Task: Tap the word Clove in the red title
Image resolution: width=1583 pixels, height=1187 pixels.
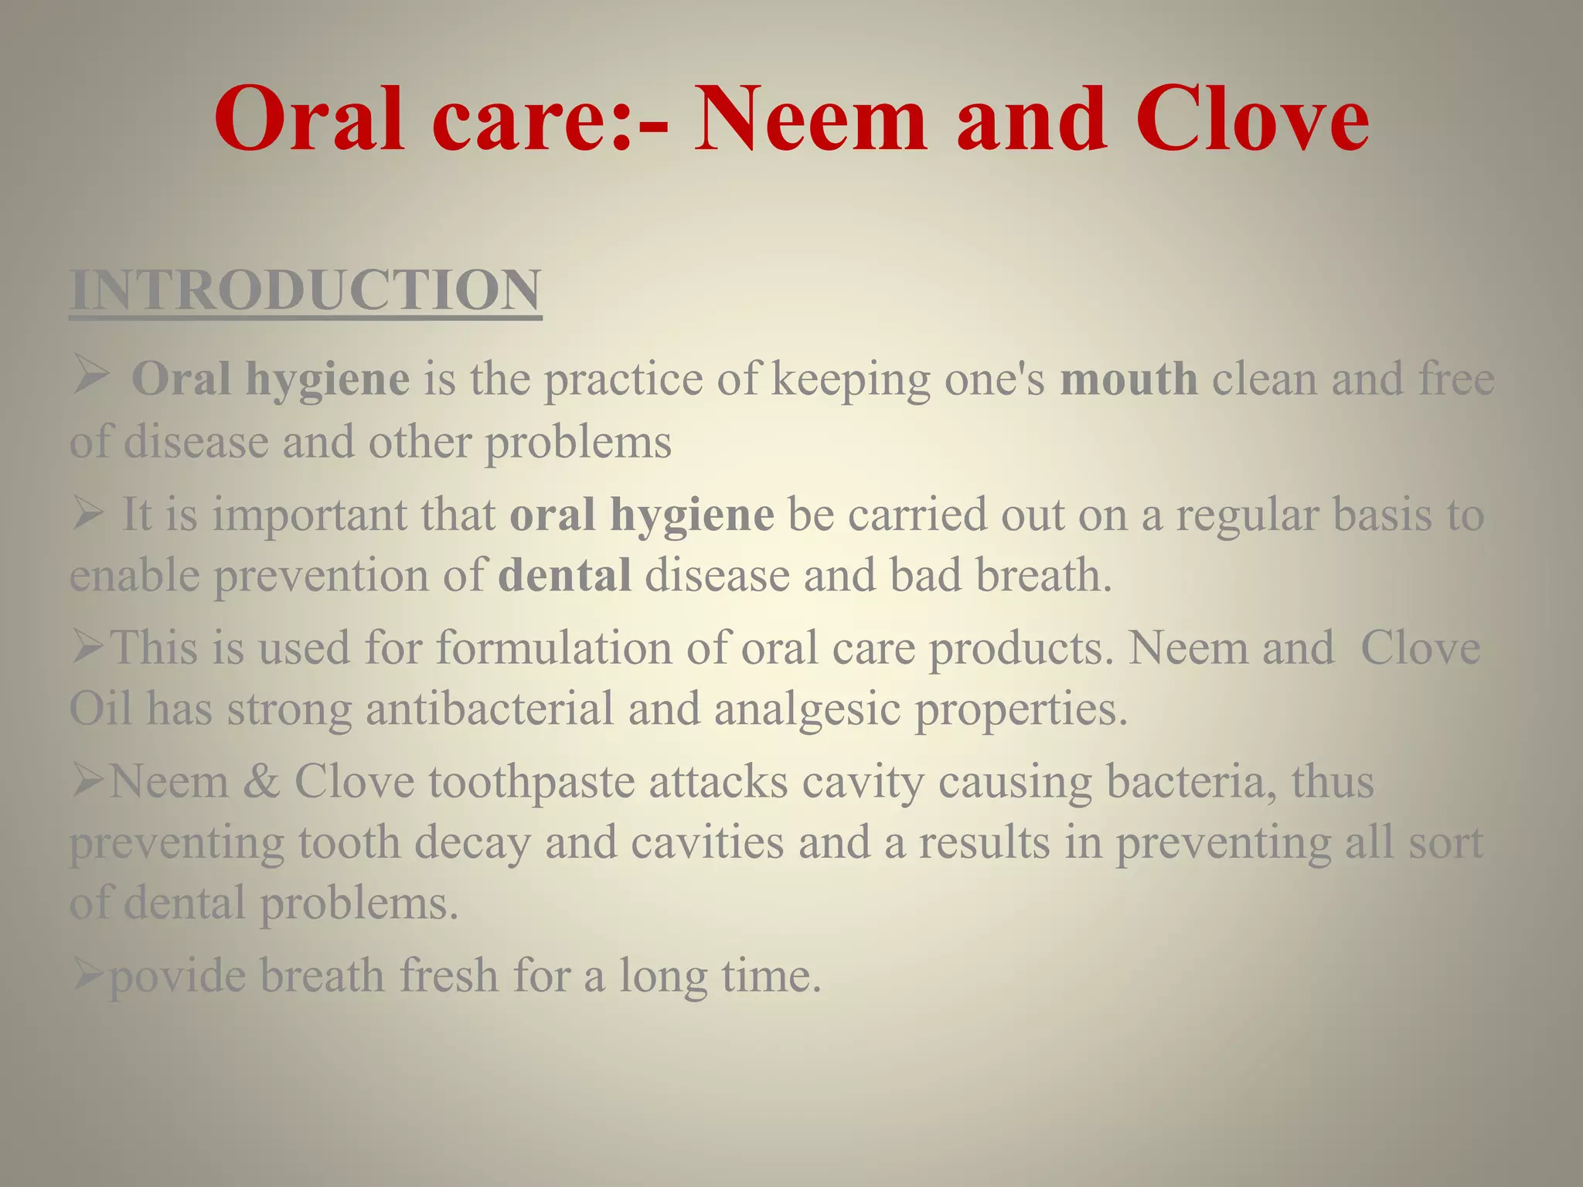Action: point(1252,120)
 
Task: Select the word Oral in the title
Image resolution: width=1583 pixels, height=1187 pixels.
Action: point(309,120)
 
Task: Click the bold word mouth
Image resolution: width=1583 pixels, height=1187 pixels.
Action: point(1129,379)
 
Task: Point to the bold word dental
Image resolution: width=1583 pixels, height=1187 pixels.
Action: point(564,576)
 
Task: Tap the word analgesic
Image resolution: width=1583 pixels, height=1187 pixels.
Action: point(807,709)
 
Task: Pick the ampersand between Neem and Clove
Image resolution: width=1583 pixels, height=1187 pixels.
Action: point(261,781)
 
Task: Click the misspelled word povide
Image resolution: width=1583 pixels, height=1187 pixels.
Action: point(177,976)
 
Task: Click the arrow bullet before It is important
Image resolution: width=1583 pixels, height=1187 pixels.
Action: point(88,515)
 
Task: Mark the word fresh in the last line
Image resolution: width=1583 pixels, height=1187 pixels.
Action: point(448,976)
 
